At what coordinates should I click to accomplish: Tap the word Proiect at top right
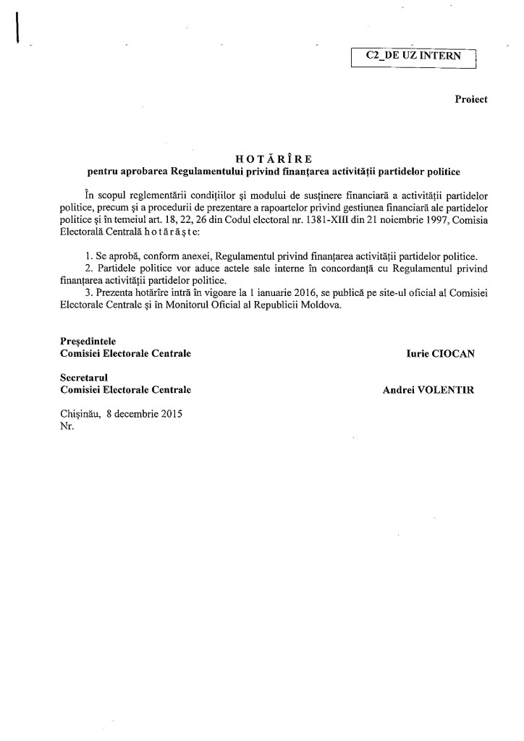pyautogui.click(x=471, y=100)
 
